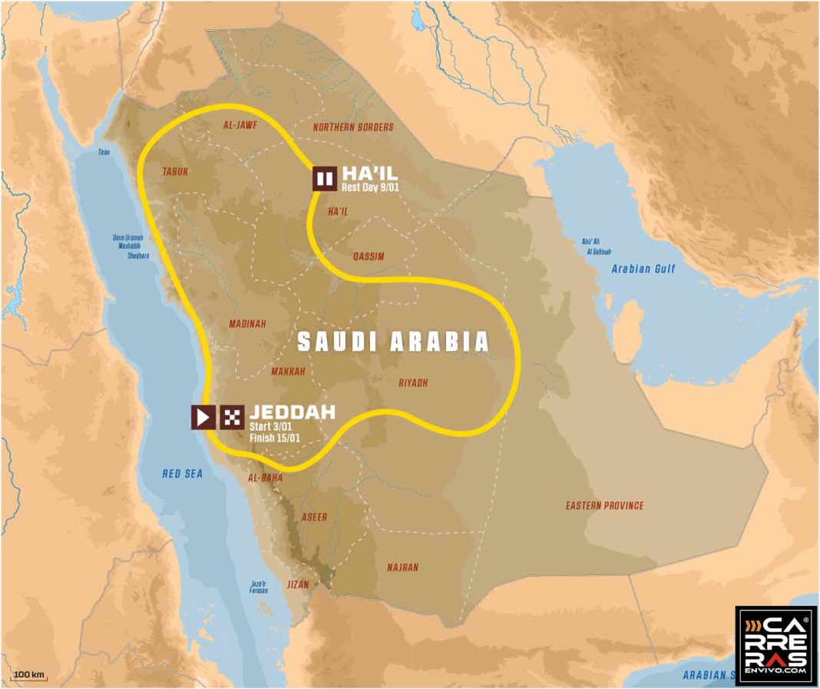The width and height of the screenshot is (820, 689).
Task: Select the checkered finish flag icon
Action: pyautogui.click(x=233, y=417)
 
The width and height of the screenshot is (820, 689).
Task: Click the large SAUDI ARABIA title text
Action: pyautogui.click(x=393, y=342)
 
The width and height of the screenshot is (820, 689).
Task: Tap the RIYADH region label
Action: pyautogui.click(x=413, y=383)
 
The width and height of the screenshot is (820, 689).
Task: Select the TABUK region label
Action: pyautogui.click(x=175, y=173)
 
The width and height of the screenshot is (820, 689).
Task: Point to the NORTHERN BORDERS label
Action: pyautogui.click(x=353, y=128)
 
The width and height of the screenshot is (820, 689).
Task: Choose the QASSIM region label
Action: pyautogui.click(x=369, y=257)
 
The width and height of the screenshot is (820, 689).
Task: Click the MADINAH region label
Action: pyautogui.click(x=247, y=324)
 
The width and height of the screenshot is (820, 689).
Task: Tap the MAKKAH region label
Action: pyautogui.click(x=288, y=372)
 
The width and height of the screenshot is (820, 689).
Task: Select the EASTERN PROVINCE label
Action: pyautogui.click(x=604, y=505)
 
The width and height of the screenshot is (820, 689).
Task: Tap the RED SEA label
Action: pyautogui.click(x=182, y=474)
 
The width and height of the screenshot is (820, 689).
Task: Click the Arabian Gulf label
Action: pyautogui.click(x=642, y=269)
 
